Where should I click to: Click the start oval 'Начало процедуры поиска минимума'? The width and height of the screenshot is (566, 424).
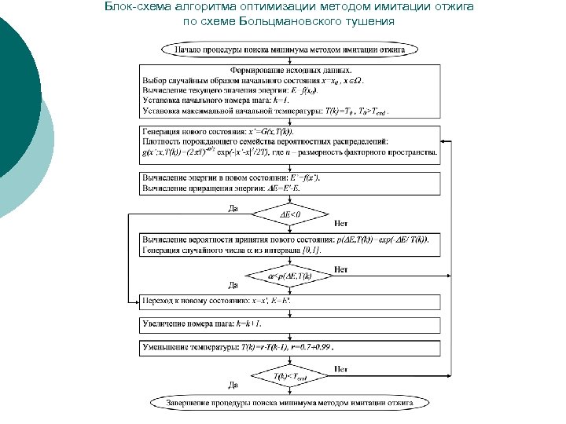[289, 49]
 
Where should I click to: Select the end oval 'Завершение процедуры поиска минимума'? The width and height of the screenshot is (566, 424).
[289, 403]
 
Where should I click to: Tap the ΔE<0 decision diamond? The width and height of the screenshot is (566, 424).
[290, 213]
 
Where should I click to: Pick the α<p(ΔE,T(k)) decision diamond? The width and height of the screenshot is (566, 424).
[290, 276]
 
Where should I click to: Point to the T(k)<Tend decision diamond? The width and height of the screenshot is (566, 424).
[290, 377]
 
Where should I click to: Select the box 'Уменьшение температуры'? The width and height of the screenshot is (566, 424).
[289, 345]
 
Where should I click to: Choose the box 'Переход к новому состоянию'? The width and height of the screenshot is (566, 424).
[289, 300]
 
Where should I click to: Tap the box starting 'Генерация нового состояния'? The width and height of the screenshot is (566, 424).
[289, 145]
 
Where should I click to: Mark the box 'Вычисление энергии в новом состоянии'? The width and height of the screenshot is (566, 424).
[289, 183]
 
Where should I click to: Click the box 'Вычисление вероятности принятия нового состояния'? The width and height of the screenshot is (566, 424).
[289, 243]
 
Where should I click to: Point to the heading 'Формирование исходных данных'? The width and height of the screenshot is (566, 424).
[289, 71]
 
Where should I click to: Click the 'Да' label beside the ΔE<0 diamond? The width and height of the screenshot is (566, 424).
[233, 208]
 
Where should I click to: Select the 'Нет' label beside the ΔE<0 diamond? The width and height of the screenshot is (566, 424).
[341, 223]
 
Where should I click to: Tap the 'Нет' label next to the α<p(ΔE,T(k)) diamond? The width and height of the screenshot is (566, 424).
[340, 269]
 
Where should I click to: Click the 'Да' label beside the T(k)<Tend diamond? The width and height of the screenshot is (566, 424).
[233, 385]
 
